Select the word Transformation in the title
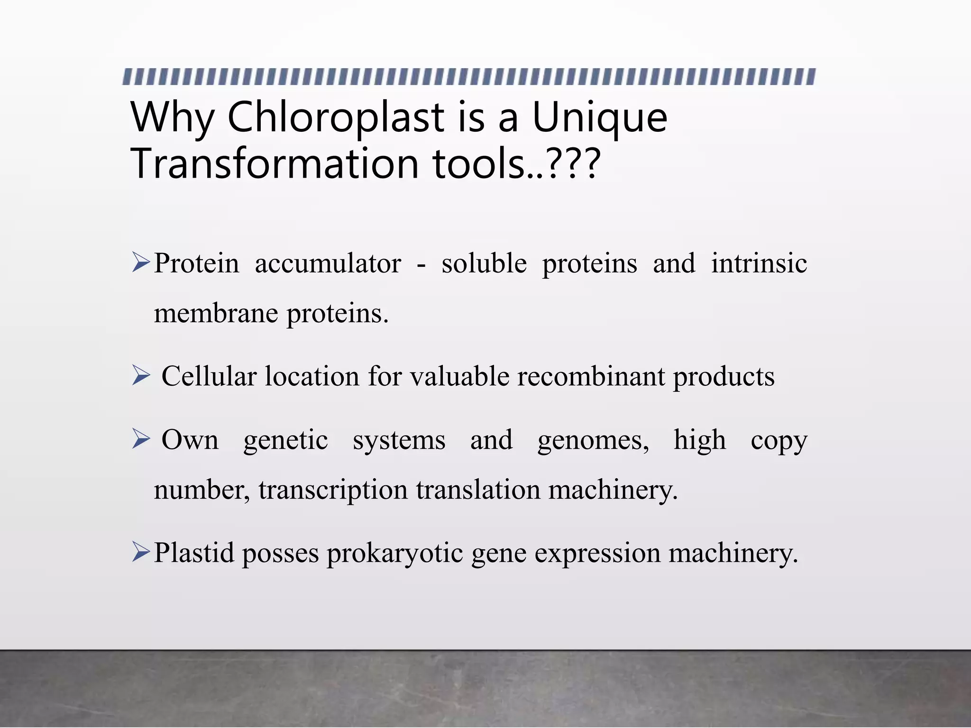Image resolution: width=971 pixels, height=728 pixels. pos(275,163)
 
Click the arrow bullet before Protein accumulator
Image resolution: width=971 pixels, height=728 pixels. pos(141,262)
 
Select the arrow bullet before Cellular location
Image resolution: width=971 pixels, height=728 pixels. pos(141,375)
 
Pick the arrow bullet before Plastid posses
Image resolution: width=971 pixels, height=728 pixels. pos(141,552)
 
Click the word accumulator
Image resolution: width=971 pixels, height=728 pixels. pos(328,264)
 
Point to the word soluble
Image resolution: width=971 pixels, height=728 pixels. pos(484,264)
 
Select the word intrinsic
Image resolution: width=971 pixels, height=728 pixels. pos(759,264)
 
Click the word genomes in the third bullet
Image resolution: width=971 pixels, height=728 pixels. pos(593,441)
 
